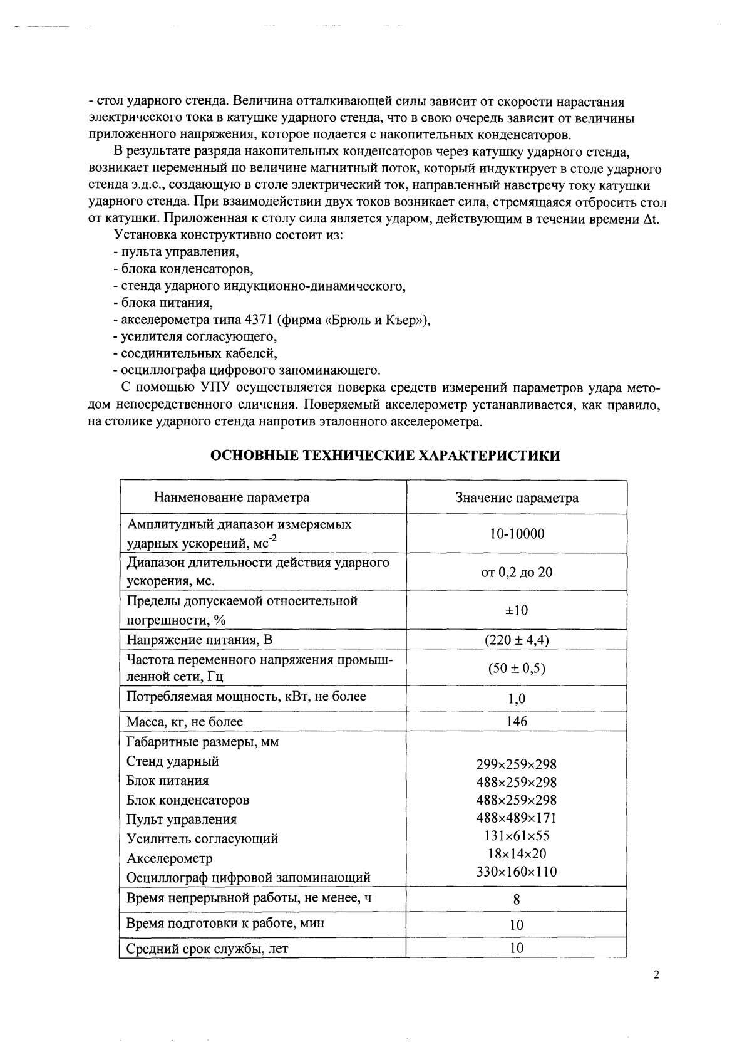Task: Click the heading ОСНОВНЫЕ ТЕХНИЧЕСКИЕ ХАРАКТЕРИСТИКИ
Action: (384, 456)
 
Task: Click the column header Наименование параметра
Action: (231, 498)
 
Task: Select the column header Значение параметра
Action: (517, 498)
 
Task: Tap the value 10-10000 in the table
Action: (517, 534)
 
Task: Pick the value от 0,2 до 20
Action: (517, 572)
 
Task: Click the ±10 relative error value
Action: (517, 610)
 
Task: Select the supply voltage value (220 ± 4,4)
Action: (517, 640)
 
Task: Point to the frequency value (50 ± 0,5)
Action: (517, 668)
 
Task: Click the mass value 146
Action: (517, 721)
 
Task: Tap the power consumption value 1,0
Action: (517, 699)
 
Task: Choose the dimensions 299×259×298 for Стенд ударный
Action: (517, 764)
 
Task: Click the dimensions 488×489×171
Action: (517, 818)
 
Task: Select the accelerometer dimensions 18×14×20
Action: (517, 853)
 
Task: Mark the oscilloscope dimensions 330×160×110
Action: (517, 872)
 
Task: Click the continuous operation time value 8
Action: (517, 900)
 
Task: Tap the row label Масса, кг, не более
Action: (185, 722)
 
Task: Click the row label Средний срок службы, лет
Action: (207, 949)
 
